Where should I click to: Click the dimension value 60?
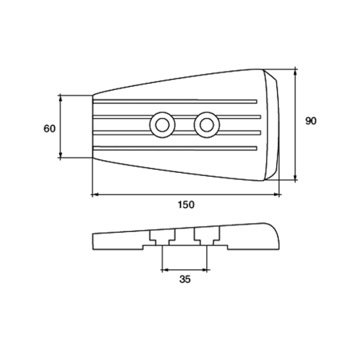pos(49,129)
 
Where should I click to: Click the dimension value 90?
pos(311,121)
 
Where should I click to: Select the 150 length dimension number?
pos(186,205)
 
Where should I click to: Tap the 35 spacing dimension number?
pos(185,280)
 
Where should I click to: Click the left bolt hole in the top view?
pos(162,125)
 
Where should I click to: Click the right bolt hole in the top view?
pos(207,125)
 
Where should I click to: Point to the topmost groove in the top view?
pos(175,101)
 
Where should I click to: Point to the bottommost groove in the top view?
pos(175,148)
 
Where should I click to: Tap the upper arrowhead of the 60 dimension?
pos(61,98)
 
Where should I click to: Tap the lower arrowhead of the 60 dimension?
pos(61,155)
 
